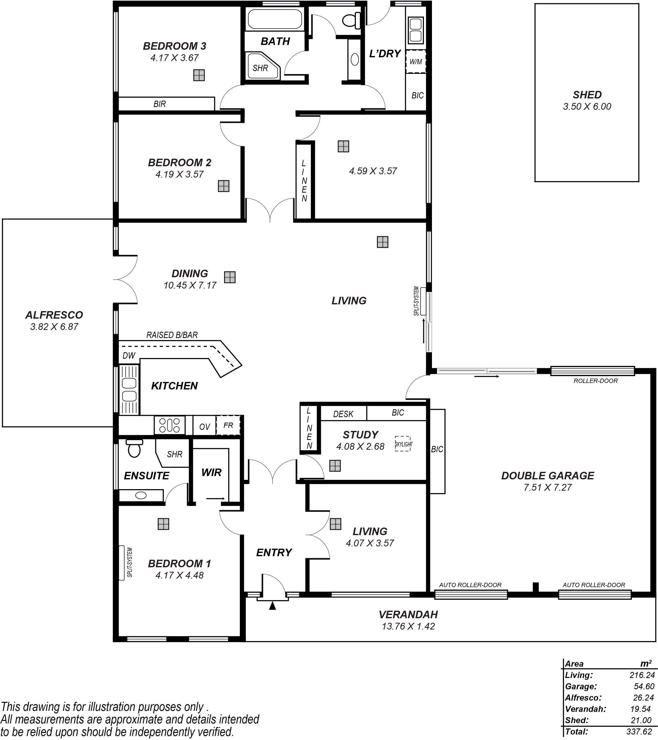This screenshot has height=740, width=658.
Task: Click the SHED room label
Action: tap(587, 95)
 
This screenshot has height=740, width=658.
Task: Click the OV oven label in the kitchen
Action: tap(205, 427)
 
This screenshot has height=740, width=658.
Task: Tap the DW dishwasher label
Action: tap(129, 356)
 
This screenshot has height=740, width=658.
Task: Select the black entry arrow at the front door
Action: tap(272, 606)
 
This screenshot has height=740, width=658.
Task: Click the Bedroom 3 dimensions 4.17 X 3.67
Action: tap(175, 58)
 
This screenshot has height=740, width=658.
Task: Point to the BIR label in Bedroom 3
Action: tap(159, 104)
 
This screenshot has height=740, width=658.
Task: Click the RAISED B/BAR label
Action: tap(172, 335)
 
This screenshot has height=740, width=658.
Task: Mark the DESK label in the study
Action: tap(343, 414)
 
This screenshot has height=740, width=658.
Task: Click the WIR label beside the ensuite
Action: tap(211, 472)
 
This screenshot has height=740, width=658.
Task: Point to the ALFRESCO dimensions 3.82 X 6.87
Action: tap(54, 326)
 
